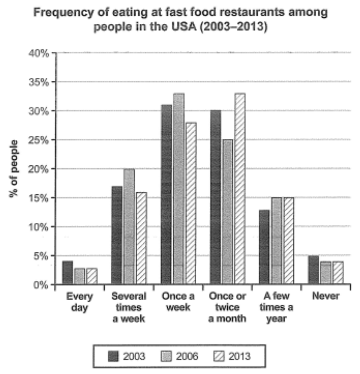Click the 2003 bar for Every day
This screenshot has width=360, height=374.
[x=68, y=272]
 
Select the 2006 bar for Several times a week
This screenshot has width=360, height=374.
[x=129, y=227]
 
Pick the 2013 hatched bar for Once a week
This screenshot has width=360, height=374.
[x=191, y=204]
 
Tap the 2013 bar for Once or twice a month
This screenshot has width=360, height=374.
[x=240, y=189]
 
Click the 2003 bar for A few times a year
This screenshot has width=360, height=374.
[x=264, y=247]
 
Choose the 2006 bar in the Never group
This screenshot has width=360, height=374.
[x=326, y=273]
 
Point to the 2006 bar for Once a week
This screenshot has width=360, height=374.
[x=179, y=189]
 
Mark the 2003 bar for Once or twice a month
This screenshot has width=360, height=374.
[x=215, y=197]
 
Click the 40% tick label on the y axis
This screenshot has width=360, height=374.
[x=39, y=53]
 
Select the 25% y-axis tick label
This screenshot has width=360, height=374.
[x=39, y=140]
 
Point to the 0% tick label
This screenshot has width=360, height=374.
[x=41, y=285]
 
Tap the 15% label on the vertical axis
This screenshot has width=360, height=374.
[x=39, y=198]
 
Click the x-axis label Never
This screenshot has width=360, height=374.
[x=326, y=296]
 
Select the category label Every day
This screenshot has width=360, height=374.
[x=80, y=302]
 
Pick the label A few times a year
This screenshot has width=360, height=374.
[x=277, y=307]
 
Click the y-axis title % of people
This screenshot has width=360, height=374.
[x=13, y=169]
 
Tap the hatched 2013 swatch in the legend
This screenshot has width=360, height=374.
[x=219, y=356]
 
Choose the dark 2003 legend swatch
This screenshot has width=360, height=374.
[x=113, y=356]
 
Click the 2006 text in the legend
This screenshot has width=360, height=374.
[x=187, y=356]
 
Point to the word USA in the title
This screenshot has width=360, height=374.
[x=184, y=27]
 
